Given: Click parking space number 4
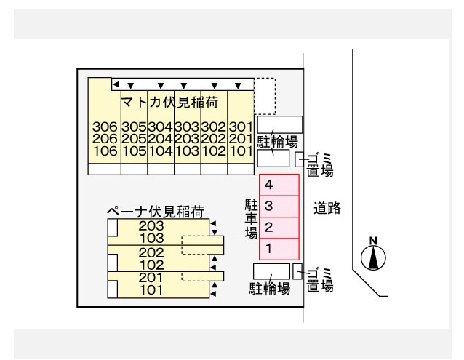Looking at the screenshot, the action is (279, 185).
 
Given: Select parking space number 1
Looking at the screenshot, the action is (279, 249).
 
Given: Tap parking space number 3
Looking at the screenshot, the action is (279, 206).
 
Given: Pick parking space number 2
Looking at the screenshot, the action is (279, 228).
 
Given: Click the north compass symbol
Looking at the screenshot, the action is (373, 254).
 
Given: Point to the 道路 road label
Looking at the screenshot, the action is (327, 208).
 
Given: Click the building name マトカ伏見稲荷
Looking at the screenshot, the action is (170, 103).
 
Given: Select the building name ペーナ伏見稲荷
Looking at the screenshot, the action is (156, 212).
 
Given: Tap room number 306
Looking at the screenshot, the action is (105, 127).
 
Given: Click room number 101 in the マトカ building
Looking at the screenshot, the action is (241, 151).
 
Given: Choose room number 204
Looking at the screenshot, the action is (160, 139).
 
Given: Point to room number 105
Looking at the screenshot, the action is (134, 151).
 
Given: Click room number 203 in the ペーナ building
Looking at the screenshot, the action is (151, 225).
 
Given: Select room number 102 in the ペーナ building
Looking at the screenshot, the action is (151, 265).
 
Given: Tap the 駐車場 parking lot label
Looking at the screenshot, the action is (251, 219).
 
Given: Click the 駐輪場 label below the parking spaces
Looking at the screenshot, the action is (270, 288).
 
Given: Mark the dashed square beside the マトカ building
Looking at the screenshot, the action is (265, 96).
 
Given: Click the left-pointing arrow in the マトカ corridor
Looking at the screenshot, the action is (116, 84).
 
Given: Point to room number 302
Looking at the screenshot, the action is (213, 127).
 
